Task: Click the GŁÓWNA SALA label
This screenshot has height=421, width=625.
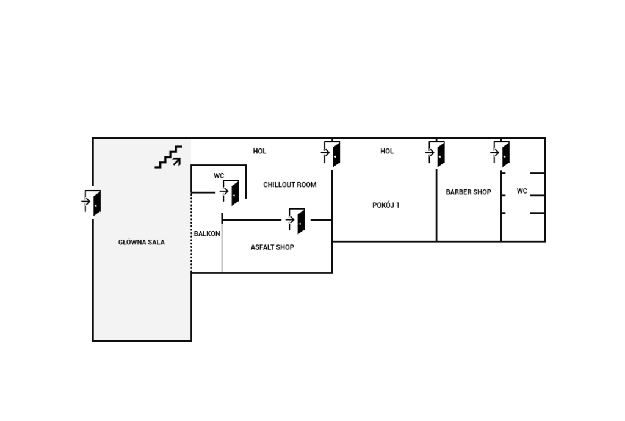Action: pos(142,242)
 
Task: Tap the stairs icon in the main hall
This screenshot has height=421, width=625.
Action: pos(168,157)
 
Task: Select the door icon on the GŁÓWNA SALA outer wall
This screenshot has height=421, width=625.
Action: pos(92,203)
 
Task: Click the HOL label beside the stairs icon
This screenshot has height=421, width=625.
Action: pos(259,152)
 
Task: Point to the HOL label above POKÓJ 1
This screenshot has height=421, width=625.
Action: pos(386,152)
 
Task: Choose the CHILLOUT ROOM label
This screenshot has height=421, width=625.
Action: pos(290,185)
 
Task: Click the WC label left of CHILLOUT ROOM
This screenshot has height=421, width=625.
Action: pos(219,175)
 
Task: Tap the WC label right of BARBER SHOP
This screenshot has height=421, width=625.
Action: pos(522,191)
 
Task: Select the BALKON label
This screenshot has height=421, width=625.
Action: pos(207,233)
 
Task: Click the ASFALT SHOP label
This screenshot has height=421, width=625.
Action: pos(272,247)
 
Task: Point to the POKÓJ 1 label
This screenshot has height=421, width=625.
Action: pos(386,205)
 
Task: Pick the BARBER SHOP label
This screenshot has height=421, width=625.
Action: pos(468,192)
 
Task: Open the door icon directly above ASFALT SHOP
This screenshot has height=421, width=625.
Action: pos(296,221)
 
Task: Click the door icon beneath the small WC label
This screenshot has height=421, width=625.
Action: pos(230,192)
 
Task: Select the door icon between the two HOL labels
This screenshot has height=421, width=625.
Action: pos(331,153)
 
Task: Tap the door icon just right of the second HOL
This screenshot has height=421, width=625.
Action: pos(436,153)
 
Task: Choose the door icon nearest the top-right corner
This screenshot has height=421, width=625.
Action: pos(500,153)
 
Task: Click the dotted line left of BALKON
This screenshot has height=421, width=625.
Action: pos(192,232)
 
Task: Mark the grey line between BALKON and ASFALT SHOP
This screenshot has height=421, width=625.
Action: pos(222,247)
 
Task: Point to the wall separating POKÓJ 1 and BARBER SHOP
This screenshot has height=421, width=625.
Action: pos(436,205)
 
